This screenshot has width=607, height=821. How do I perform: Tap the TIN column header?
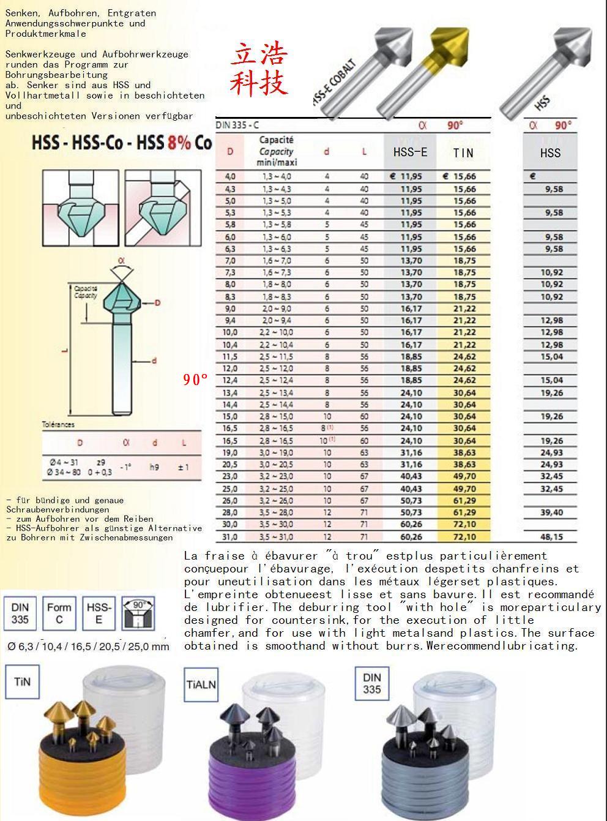pos(463,152)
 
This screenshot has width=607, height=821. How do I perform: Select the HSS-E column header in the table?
pos(409,152)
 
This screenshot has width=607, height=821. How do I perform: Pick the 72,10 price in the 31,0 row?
pos(464,537)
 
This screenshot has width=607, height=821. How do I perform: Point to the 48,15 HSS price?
pos(551,537)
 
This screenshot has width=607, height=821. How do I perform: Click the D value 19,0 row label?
pos(231,453)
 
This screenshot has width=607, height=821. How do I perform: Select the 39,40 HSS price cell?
pos(551,512)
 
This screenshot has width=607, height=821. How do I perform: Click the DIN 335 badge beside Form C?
pos(20,613)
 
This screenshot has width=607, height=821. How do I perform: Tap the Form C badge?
pos(59,613)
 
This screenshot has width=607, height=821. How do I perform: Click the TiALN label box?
pos(201,684)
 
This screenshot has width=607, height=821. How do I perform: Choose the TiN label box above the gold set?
pos(21,681)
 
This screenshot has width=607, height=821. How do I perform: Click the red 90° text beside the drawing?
pos(196,380)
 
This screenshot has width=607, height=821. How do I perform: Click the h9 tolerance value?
pos(154,467)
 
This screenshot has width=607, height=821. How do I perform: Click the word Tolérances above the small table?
pos(58,424)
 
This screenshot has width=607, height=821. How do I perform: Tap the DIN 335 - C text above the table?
pos(237,125)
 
